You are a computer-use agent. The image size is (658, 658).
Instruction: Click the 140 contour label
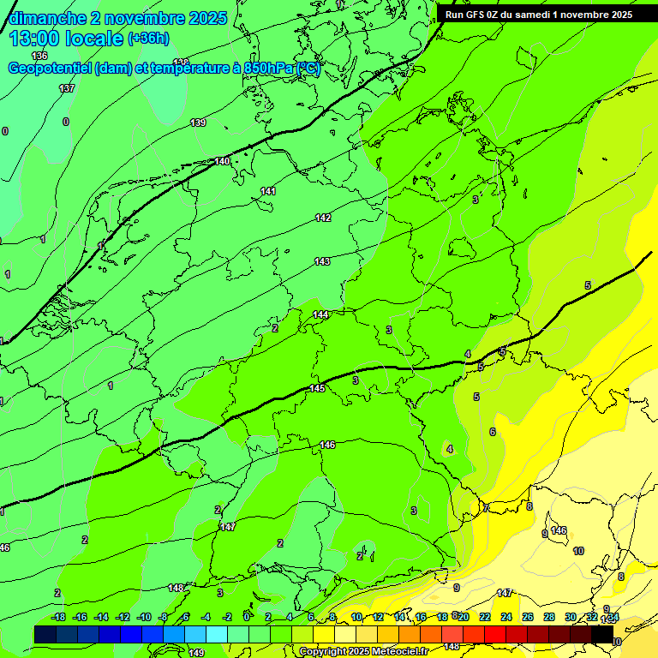(x=223, y=161)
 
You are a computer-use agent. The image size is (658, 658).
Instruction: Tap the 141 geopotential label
(x=268, y=191)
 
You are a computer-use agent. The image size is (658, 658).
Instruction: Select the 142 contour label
(x=323, y=218)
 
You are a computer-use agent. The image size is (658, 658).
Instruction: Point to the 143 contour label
(x=322, y=261)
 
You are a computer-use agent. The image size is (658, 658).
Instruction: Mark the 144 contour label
(x=320, y=314)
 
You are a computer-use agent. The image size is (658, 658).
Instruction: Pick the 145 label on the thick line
(x=317, y=388)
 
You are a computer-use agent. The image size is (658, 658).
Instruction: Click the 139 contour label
(x=198, y=123)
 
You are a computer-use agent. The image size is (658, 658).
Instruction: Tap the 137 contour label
(x=67, y=88)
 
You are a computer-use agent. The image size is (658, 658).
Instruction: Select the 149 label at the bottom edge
(x=196, y=653)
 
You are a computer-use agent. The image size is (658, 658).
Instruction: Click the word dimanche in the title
(x=48, y=18)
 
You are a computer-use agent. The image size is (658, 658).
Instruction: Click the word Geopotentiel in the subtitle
(x=51, y=69)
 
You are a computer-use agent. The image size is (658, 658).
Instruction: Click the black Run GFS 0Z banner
(x=539, y=15)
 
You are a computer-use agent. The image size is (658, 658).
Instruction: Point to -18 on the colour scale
(x=59, y=617)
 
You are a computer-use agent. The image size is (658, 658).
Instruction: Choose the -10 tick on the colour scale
(x=144, y=617)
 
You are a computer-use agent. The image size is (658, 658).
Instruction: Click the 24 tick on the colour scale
(x=506, y=617)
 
